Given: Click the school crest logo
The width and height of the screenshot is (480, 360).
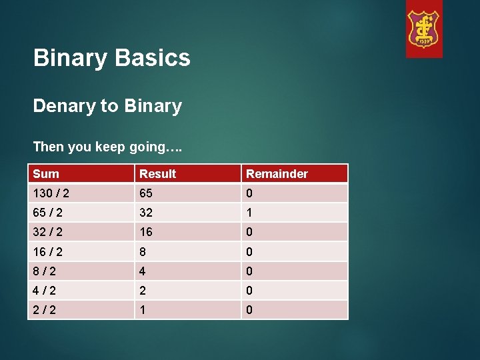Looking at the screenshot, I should pyautogui.click(x=424, y=29).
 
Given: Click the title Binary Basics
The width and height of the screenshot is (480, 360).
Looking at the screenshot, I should pyautogui.click(x=112, y=58).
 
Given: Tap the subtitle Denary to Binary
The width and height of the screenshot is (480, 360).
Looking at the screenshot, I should pyautogui.click(x=107, y=106).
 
